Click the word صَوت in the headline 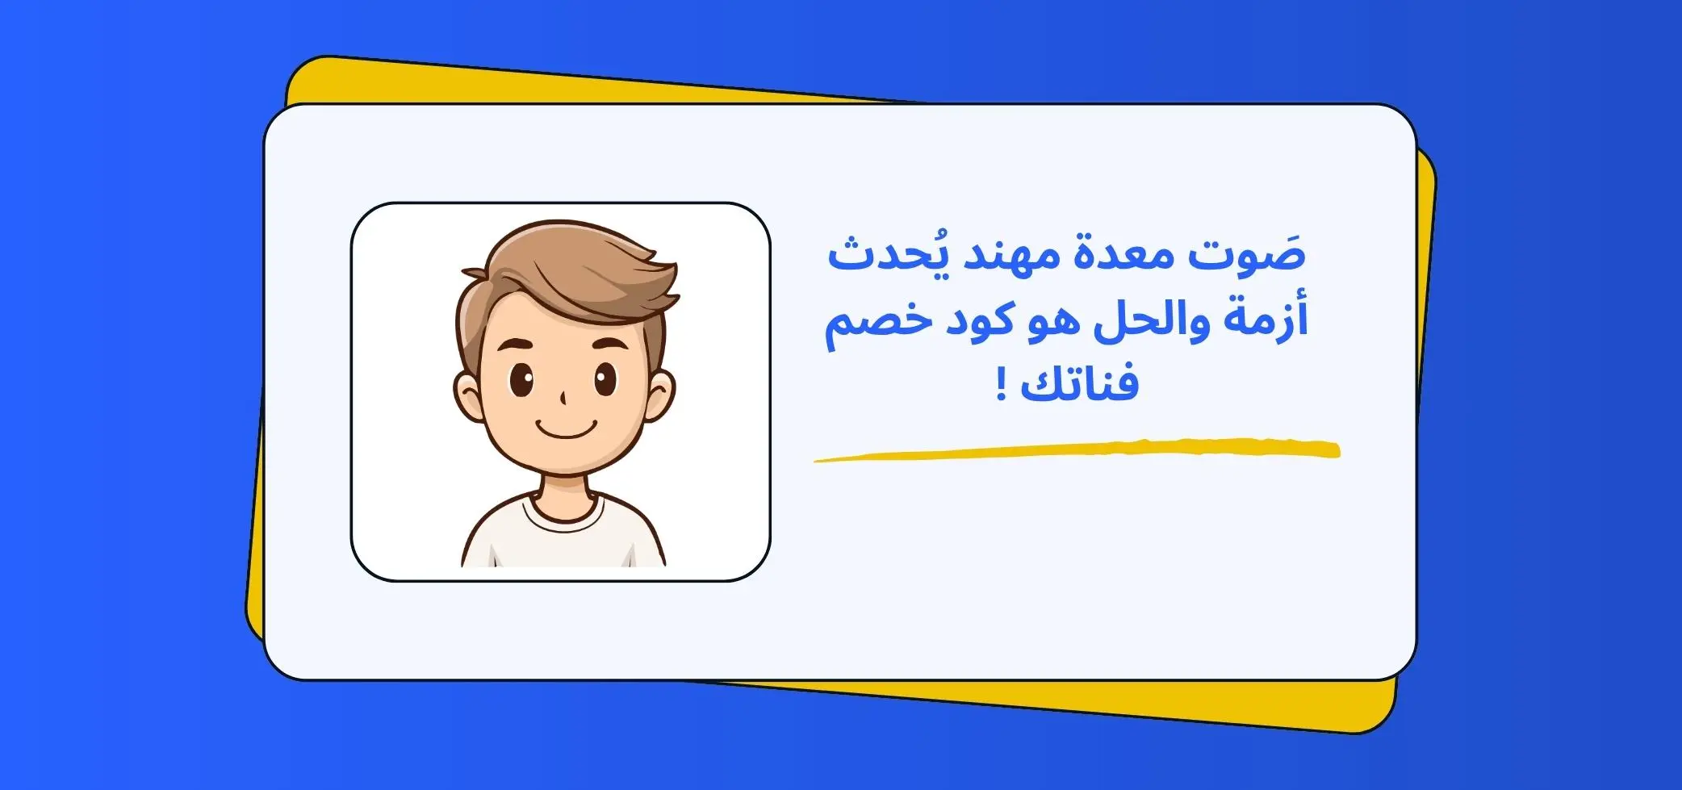pyautogui.click(x=1247, y=257)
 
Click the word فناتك pyautogui.click(x=1079, y=382)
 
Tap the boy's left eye pyautogui.click(x=521, y=380)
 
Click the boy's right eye pyautogui.click(x=606, y=379)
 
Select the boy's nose pyautogui.click(x=563, y=398)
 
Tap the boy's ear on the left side pyautogui.click(x=469, y=395)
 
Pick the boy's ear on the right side pyautogui.click(x=660, y=395)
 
